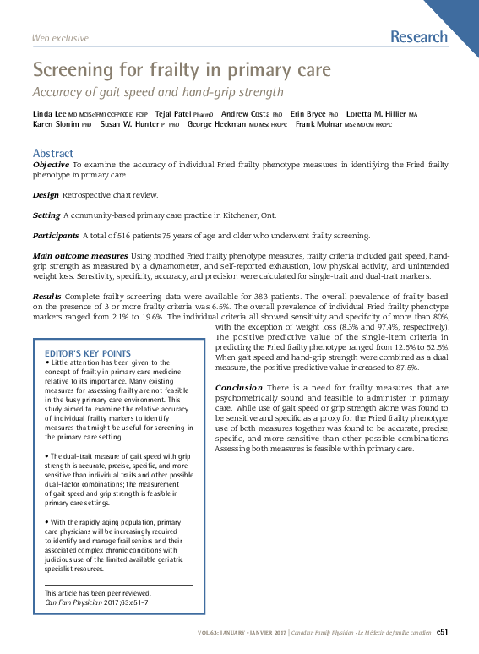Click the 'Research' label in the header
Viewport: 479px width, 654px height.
coord(419,37)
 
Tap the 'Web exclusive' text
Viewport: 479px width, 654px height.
coord(60,39)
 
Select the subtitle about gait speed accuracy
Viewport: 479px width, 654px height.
coord(157,91)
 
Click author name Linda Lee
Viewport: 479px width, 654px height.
coord(49,113)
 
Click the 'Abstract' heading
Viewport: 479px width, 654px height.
coord(53,153)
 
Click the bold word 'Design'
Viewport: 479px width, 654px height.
coord(46,195)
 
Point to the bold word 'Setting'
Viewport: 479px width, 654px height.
coord(46,215)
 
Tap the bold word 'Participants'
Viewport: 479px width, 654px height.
coord(55,235)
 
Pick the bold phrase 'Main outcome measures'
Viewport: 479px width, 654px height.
coord(79,255)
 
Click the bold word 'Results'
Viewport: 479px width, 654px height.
coord(46,297)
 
